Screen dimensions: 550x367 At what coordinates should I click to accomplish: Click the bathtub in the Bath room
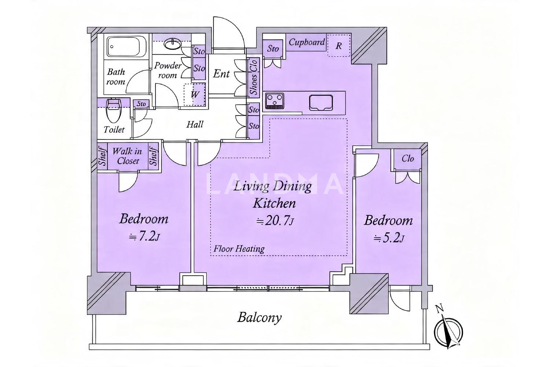(127, 47)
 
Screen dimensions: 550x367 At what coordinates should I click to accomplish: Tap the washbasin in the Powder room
(173, 45)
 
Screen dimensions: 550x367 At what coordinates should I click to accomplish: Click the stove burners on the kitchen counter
(274, 101)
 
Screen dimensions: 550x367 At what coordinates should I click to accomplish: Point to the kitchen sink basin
(321, 102)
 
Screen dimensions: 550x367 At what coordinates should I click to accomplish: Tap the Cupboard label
(307, 42)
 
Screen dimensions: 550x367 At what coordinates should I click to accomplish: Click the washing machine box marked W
(194, 95)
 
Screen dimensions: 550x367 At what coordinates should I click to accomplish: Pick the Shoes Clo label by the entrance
(254, 77)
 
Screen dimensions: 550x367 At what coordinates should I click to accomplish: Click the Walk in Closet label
(128, 156)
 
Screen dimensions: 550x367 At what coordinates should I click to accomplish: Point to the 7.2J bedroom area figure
(144, 236)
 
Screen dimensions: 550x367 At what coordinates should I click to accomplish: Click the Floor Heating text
(239, 249)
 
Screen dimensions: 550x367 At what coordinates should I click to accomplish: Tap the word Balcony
(259, 317)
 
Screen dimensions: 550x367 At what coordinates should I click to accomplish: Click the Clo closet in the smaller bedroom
(408, 159)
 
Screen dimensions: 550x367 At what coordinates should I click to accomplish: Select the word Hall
(195, 124)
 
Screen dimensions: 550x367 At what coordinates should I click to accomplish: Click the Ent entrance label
(221, 73)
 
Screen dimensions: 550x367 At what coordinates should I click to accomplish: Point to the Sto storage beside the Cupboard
(273, 48)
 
